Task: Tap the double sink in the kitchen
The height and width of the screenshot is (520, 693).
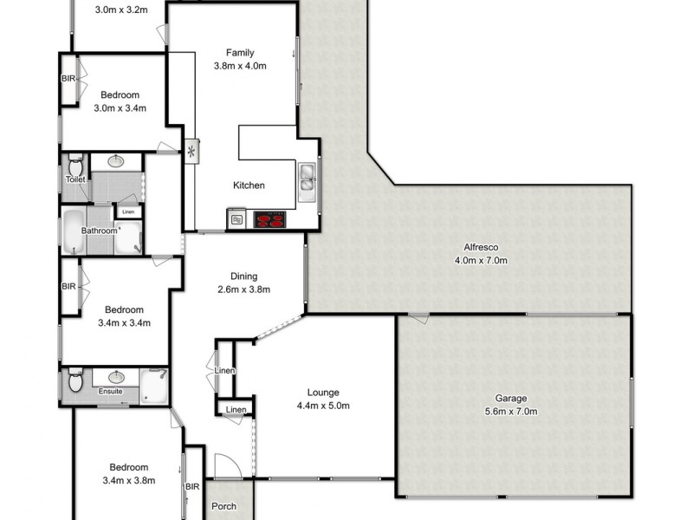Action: pyautogui.click(x=308, y=178)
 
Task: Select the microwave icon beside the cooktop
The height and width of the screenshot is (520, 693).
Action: pyautogui.click(x=236, y=220)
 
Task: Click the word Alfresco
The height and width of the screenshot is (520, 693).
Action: pyautogui.click(x=480, y=247)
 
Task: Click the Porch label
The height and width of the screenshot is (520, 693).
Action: pyautogui.click(x=224, y=506)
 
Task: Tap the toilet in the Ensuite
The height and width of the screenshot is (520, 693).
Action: pyautogui.click(x=74, y=380)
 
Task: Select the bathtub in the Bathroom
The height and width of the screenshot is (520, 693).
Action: pyautogui.click(x=73, y=231)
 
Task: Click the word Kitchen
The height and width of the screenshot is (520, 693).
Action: pyautogui.click(x=249, y=185)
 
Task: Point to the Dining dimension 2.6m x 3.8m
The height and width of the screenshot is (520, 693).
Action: pyautogui.click(x=243, y=289)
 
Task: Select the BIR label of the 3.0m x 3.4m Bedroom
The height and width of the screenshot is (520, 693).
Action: pyautogui.click(x=68, y=79)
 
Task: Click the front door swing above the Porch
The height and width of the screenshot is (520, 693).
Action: pyautogui.click(x=223, y=466)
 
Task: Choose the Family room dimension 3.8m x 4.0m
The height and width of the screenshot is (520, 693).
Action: pyautogui.click(x=240, y=65)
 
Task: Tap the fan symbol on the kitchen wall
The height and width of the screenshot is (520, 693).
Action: pyautogui.click(x=191, y=153)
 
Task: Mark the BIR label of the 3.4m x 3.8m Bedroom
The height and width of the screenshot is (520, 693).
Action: pyautogui.click(x=192, y=486)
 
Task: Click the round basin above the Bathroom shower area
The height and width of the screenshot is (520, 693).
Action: pyautogui.click(x=115, y=160)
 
